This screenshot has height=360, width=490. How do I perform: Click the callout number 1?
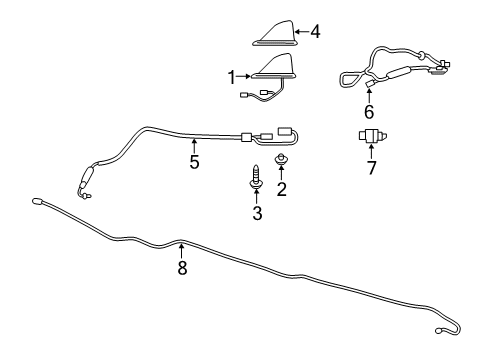coord(231,76)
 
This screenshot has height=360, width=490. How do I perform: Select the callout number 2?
coord(282,188)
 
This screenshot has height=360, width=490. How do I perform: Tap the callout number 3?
coord(257,213)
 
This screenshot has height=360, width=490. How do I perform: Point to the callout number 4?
coord(315,32)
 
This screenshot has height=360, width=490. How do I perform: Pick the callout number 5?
coord(195,161)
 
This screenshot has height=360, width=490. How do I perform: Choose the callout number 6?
coord(369,112)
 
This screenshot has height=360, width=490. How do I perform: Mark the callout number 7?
coord(372,167)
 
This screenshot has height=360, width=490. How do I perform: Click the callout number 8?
coord(182,268)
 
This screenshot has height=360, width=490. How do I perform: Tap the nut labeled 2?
coord(282,161)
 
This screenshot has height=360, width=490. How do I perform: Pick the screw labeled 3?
coord(257,177)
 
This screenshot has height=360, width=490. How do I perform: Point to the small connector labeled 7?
coord(374,136)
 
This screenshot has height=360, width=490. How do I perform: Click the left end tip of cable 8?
coord(37,202)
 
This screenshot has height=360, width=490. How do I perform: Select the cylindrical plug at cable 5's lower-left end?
coord(84,181)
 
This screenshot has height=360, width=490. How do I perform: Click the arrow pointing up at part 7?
coord(372,152)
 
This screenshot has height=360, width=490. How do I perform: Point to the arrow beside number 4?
coord(301,32)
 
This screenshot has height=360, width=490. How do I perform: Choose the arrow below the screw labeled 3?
coord(257,198)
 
